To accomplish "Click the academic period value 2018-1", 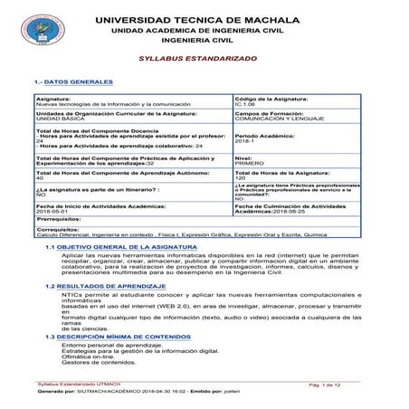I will [244, 141].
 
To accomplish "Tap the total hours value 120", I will [240, 177].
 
